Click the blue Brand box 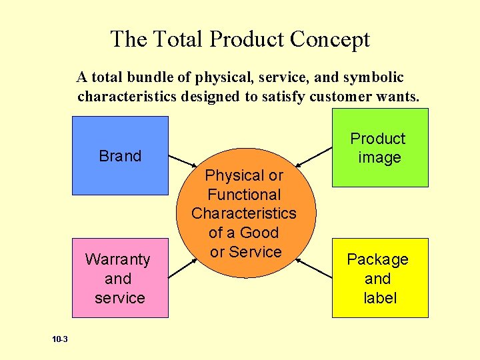coord(120,155)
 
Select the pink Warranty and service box coord(120,278)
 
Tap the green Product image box coord(380,148)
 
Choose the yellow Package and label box coord(380,278)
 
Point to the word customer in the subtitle coord(351,97)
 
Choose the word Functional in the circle coord(244,195)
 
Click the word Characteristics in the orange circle coord(244,213)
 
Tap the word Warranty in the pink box coord(118,259)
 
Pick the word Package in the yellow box coord(377,259)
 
